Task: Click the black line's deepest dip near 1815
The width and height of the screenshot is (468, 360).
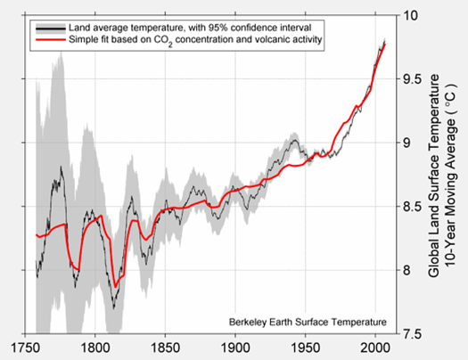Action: tap(114, 307)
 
